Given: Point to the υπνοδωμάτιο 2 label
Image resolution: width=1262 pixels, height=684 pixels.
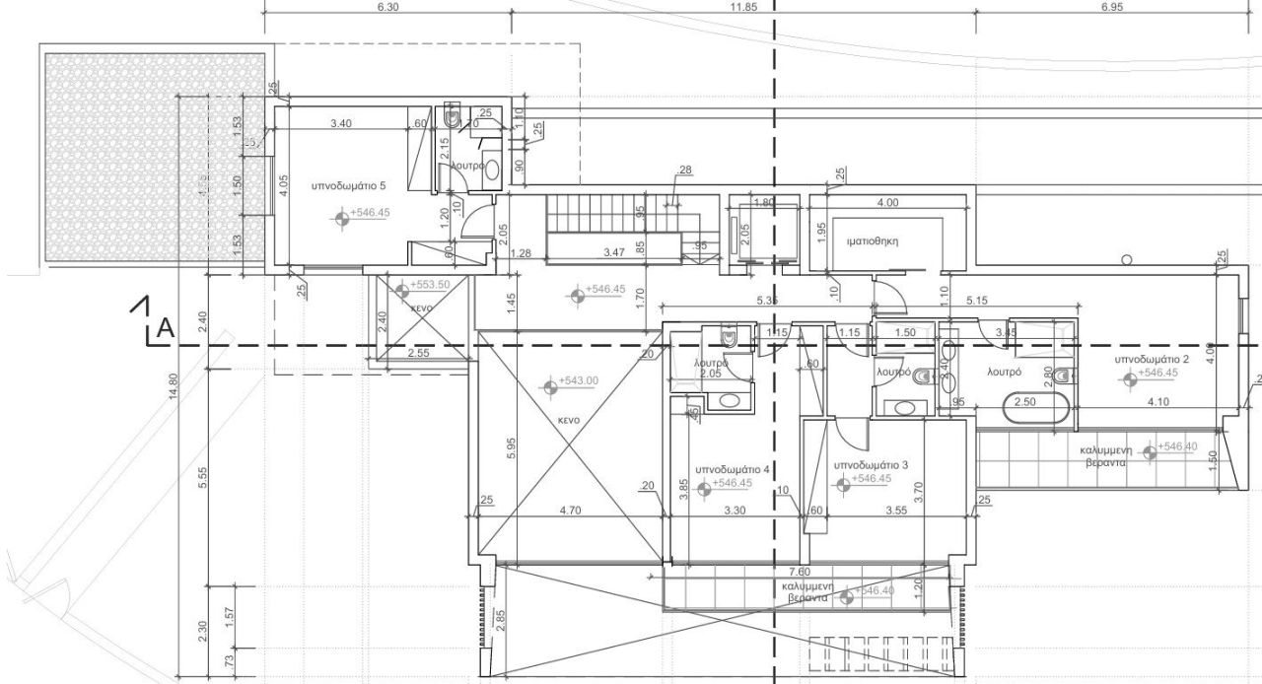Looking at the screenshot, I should [x=1152, y=360].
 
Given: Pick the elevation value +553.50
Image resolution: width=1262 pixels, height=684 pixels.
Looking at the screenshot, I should [x=429, y=285].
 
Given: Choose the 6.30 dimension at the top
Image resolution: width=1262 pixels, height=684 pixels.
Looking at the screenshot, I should [x=387, y=7].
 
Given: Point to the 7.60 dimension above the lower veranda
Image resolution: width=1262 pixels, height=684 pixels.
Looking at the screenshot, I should [x=801, y=572].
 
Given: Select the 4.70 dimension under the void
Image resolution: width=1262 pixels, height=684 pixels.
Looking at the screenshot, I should [x=569, y=512].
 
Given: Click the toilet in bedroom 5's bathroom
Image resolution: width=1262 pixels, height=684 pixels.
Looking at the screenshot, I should [x=453, y=119].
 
